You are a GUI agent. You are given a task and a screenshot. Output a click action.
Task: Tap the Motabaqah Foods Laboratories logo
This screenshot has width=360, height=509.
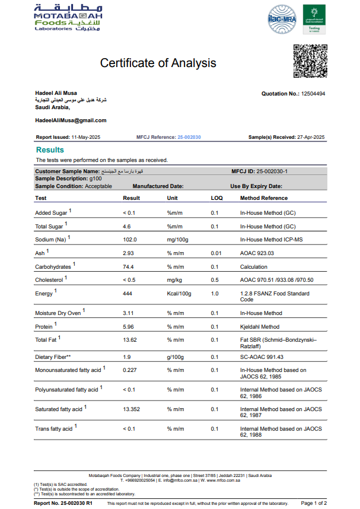point(68,18)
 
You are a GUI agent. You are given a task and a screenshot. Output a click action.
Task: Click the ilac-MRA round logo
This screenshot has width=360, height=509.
point(282,18)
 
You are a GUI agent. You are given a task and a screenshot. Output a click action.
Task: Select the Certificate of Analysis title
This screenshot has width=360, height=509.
point(158,63)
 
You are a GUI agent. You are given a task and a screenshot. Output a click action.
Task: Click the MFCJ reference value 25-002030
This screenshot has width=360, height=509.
point(189,137)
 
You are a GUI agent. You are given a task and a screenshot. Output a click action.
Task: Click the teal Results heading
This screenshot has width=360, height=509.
point(50,150)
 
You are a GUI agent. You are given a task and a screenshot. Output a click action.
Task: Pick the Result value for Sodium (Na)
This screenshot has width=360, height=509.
point(130,240)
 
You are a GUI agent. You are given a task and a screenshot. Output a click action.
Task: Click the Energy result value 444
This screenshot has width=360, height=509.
point(128,294)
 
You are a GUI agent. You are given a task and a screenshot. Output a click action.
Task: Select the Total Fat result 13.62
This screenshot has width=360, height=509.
point(130,340)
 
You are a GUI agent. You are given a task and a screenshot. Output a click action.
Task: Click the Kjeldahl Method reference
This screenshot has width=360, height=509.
point(259,326)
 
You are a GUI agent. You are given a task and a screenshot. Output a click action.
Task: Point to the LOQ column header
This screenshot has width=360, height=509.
point(216,198)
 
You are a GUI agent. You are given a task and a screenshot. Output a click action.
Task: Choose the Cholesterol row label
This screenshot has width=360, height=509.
point(50,280)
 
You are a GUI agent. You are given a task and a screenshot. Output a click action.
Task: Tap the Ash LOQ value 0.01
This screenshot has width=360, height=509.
point(216,253)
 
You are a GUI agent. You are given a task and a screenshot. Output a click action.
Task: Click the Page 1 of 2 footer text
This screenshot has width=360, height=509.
point(314,503)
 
